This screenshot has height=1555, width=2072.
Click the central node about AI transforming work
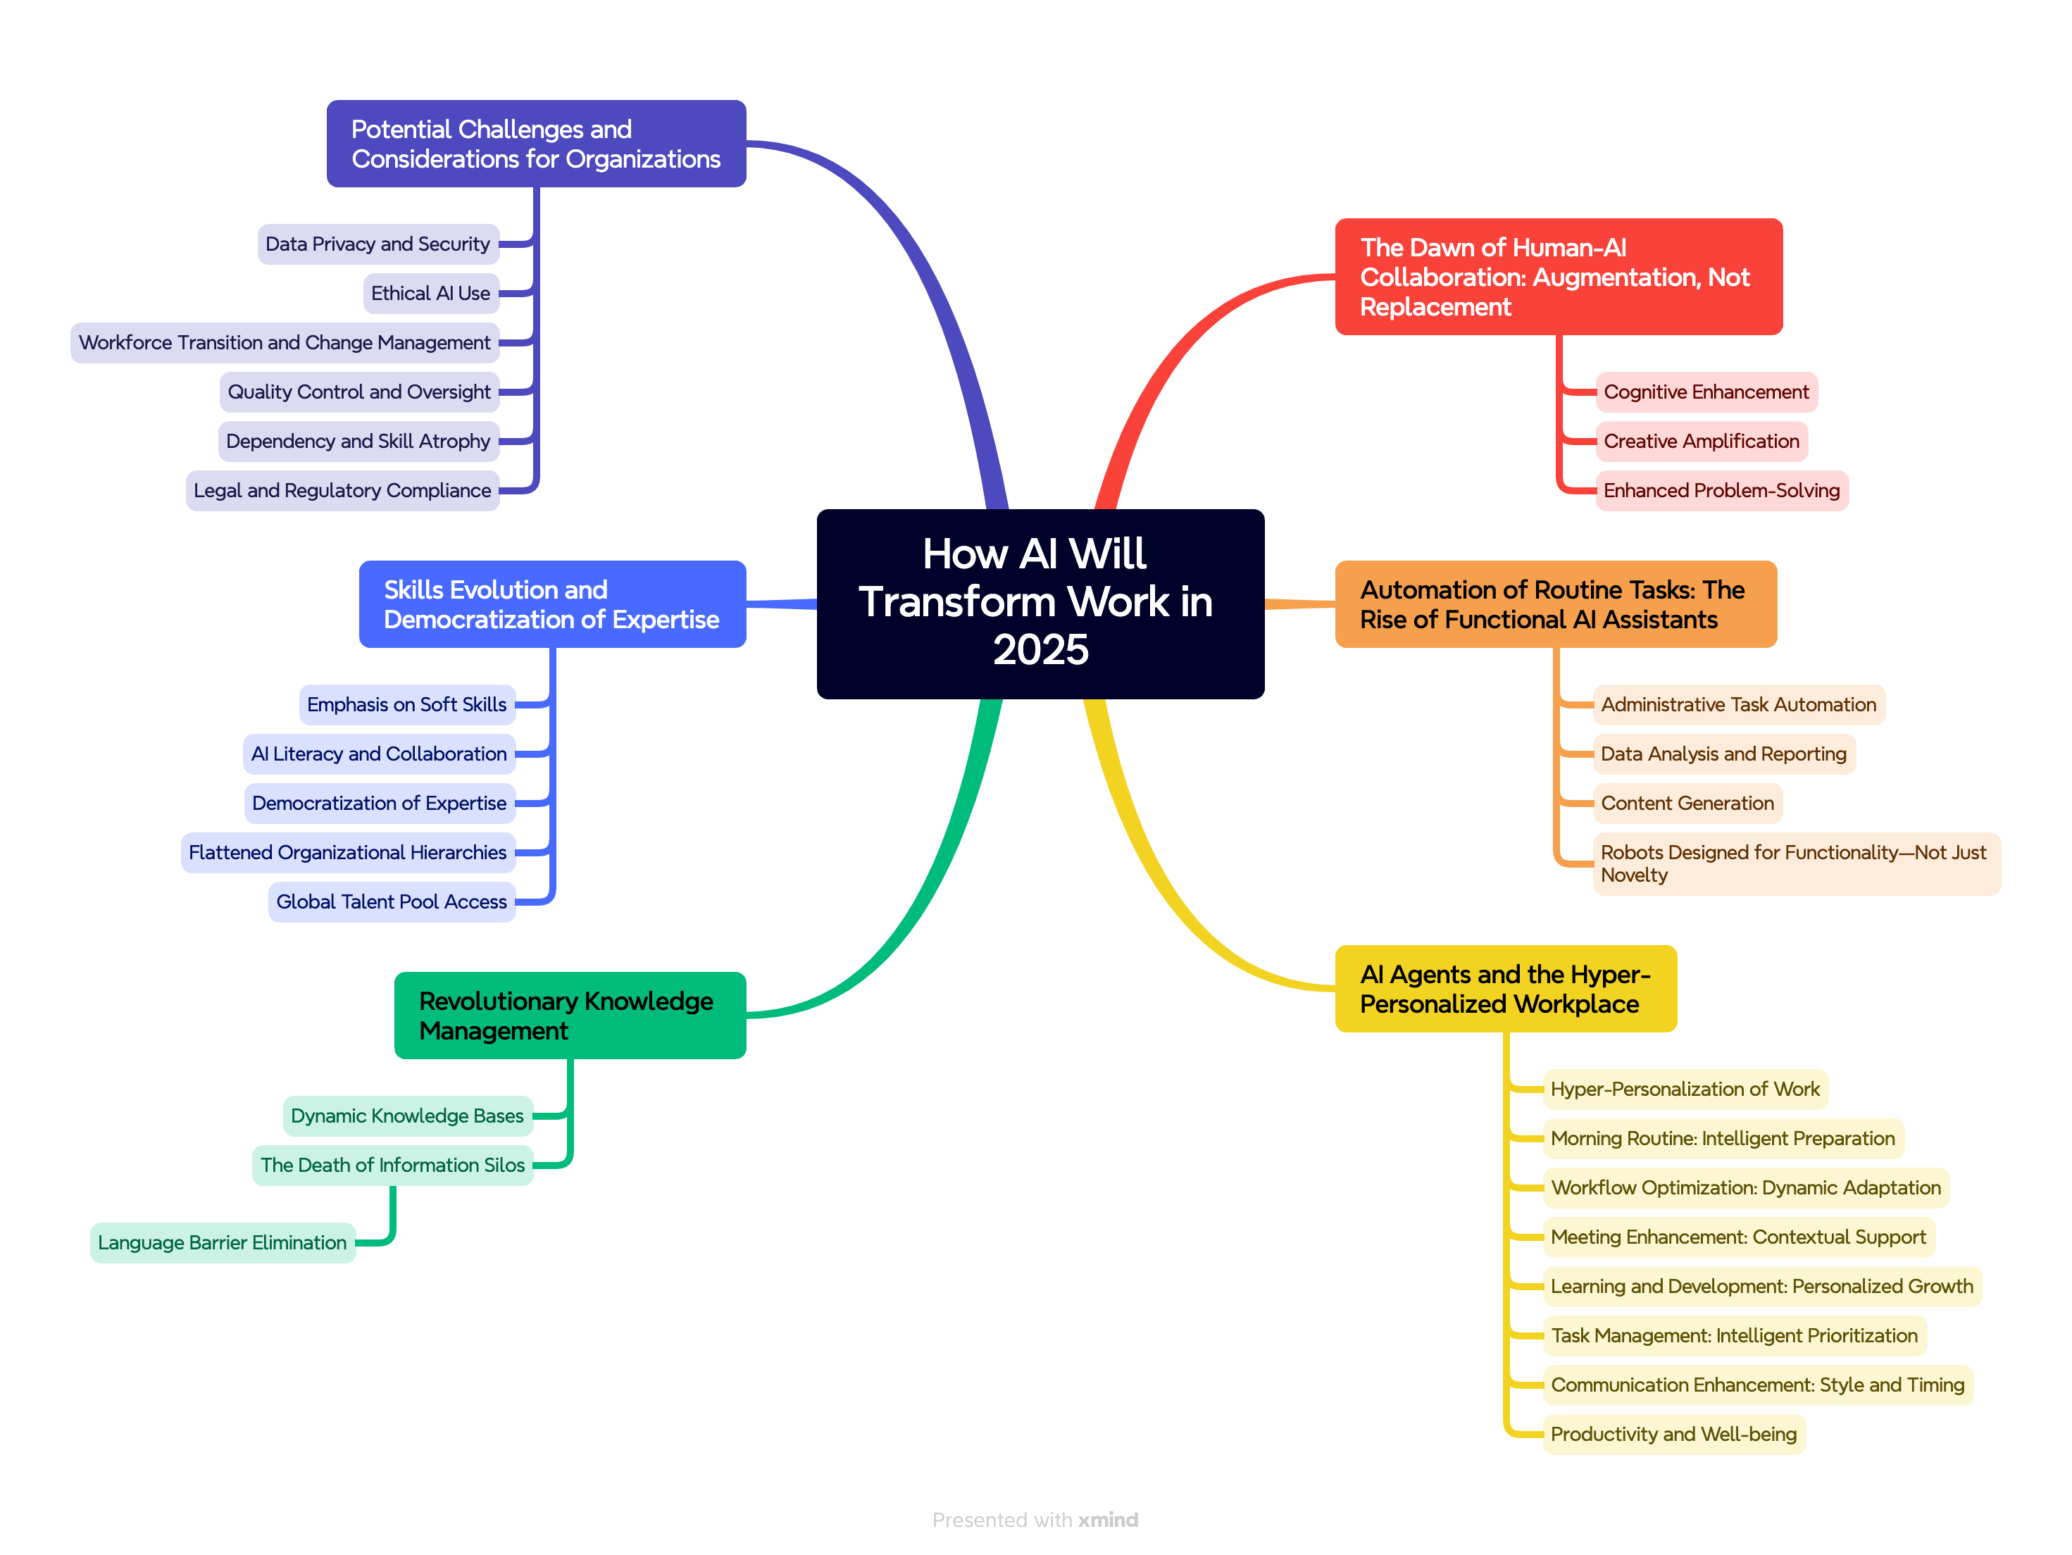(x=1040, y=604)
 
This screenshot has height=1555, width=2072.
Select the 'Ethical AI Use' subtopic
(x=431, y=293)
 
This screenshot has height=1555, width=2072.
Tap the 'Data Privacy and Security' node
(x=377, y=244)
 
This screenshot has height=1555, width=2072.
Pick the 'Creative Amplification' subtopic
(x=1700, y=441)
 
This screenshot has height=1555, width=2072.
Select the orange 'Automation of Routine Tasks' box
(x=1555, y=604)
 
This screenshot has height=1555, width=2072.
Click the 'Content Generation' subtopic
(x=1686, y=803)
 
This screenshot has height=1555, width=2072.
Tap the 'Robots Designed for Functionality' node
(x=1795, y=863)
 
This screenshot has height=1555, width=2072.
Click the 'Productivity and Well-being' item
(x=1673, y=1433)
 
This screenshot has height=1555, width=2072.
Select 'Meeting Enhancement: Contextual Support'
(x=1737, y=1237)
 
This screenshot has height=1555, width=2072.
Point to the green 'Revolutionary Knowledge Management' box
(x=570, y=1016)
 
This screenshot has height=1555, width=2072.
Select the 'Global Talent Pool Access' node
(x=392, y=901)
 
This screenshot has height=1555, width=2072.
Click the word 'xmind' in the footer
(x=1108, y=1519)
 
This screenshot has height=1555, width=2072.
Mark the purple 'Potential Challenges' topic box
(x=536, y=144)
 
